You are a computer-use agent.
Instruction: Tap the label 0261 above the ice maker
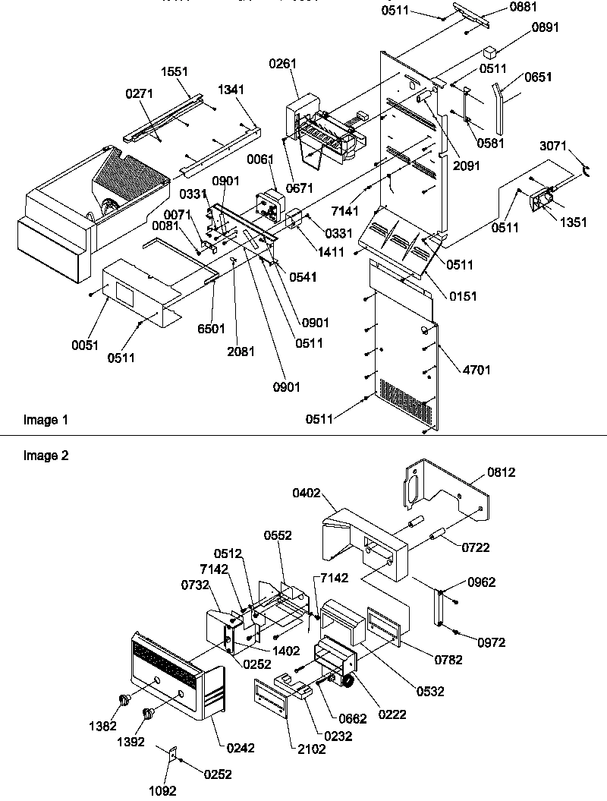coord(282,66)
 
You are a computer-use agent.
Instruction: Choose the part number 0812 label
coord(502,471)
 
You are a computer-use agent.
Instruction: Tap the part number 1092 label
coord(162,790)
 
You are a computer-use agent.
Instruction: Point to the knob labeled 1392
coord(149,714)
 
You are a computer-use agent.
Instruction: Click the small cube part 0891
coord(490,54)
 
